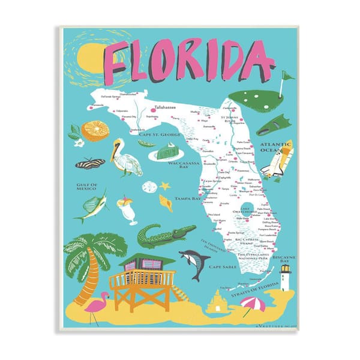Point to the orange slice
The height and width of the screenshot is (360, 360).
click(x=95, y=130)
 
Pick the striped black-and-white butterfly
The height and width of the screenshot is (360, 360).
click(x=90, y=163)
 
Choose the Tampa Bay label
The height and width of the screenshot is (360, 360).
click(x=170, y=198)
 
